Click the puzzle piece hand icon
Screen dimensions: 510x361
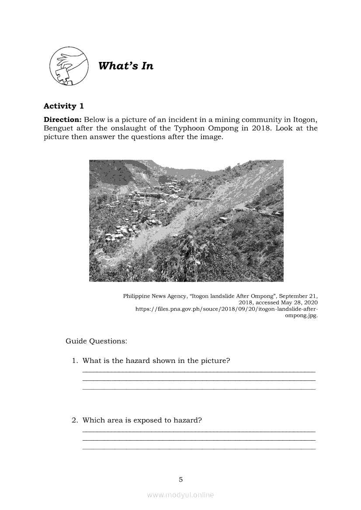(x=69, y=66)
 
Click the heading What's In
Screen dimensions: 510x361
(x=126, y=66)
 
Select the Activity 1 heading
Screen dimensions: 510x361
(x=64, y=106)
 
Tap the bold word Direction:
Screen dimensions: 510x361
(x=62, y=120)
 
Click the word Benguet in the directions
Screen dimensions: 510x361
(x=59, y=128)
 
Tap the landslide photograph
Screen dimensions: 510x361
(x=186, y=220)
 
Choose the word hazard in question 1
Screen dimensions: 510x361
(x=137, y=361)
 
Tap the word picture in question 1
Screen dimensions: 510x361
(x=214, y=361)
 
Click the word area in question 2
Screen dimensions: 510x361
(x=117, y=421)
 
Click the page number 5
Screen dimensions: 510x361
(x=180, y=480)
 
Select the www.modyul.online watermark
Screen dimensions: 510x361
(x=180, y=495)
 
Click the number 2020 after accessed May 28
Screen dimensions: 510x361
(x=309, y=302)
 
